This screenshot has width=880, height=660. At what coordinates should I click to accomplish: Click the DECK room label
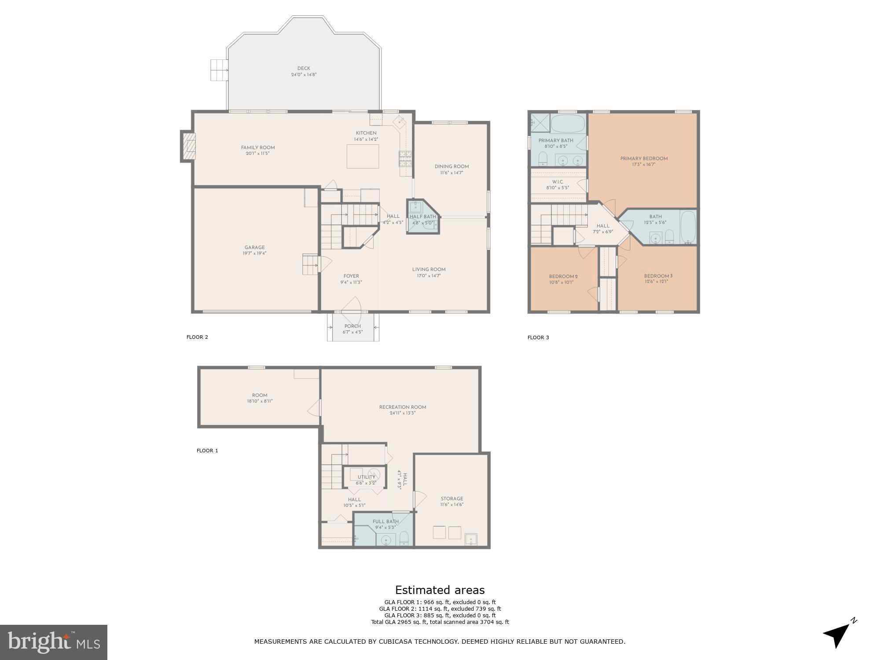click(304, 68)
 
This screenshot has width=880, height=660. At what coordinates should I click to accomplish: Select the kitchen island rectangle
click(363, 156)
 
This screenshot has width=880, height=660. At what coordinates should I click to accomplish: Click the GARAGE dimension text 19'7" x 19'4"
click(254, 253)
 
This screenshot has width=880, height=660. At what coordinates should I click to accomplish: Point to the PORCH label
click(352, 326)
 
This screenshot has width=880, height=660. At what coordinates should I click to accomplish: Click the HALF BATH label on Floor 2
click(423, 216)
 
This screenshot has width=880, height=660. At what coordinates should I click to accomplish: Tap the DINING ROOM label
click(451, 166)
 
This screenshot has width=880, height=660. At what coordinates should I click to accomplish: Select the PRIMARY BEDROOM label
click(644, 158)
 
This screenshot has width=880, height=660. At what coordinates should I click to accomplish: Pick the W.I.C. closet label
click(557, 182)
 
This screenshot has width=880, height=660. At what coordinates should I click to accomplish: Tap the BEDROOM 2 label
click(563, 276)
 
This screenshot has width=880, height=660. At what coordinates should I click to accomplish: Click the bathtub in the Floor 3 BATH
click(688, 227)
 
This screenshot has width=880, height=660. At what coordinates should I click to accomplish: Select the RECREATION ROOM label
click(403, 407)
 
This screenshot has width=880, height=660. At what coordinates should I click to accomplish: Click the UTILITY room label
click(366, 477)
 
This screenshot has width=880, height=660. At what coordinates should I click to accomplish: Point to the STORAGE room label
click(452, 499)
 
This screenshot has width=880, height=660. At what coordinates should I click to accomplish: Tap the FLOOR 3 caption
click(538, 337)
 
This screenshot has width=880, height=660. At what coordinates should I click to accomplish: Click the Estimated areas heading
click(440, 590)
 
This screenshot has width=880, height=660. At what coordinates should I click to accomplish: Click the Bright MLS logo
click(54, 642)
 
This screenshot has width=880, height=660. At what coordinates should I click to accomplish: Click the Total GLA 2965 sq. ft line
click(440, 622)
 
